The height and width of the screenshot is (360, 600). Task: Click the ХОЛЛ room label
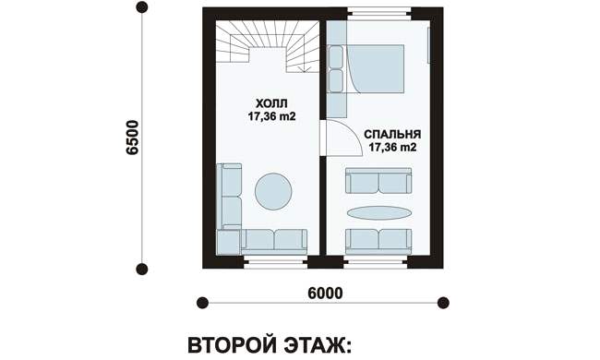[x=271, y=103]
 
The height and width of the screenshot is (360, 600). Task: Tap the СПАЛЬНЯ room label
[x=392, y=134]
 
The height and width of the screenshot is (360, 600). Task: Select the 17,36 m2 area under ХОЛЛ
[x=271, y=116]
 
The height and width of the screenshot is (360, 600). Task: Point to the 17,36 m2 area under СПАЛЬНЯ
[x=392, y=148]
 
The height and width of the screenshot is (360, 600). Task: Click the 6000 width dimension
[x=325, y=293]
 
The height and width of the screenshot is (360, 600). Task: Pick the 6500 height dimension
[x=132, y=138]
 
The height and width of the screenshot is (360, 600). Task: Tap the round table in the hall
[x=273, y=191]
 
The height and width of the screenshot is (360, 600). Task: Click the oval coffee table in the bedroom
[x=378, y=212]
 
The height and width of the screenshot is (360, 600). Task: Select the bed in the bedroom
[x=366, y=69]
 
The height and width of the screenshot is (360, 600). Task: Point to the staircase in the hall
[x=268, y=46]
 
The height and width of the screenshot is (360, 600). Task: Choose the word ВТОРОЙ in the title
[x=232, y=345]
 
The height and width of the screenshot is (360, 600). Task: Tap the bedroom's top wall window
[x=378, y=14]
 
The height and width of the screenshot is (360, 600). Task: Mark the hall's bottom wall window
[x=276, y=261]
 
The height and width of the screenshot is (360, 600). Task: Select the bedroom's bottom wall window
[x=375, y=261]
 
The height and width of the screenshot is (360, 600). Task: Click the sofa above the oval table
[x=378, y=181]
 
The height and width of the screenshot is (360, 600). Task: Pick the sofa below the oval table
[x=378, y=242]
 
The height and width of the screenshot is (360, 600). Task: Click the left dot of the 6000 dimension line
[x=202, y=303]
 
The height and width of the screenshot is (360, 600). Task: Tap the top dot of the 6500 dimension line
[x=142, y=7]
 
